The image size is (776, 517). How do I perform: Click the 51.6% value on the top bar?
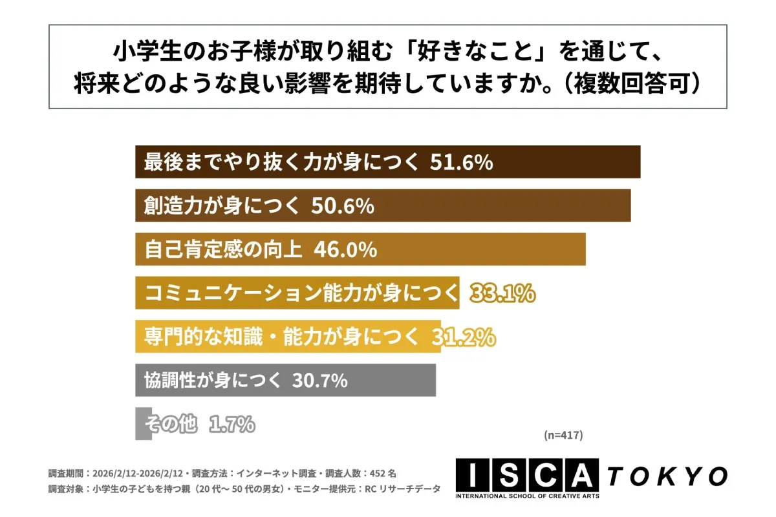pyautogui.click(x=461, y=162)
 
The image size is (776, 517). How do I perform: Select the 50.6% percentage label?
pyautogui.click(x=343, y=206)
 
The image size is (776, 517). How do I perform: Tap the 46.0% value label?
pyautogui.click(x=345, y=249)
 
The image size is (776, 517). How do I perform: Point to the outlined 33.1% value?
pyautogui.click(x=502, y=293)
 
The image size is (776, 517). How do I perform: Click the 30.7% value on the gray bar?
pyautogui.click(x=320, y=381)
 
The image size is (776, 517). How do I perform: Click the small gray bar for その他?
pyautogui.click(x=143, y=424)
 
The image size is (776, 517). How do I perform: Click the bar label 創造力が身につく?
pyautogui.click(x=222, y=206)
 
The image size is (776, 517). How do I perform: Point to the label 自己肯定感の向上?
pyautogui.click(x=223, y=249)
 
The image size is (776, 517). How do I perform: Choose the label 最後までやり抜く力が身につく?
pyautogui.click(x=281, y=162)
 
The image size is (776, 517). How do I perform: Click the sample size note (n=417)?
pyautogui.click(x=563, y=436)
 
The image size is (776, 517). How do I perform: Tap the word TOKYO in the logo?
pyautogui.click(x=667, y=476)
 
